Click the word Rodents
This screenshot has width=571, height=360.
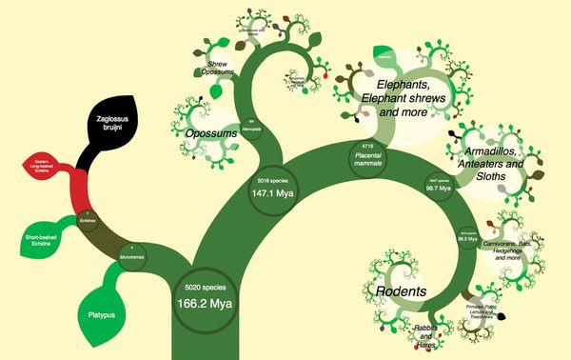click(398, 290)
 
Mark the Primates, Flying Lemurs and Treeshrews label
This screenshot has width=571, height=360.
click(484, 314)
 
